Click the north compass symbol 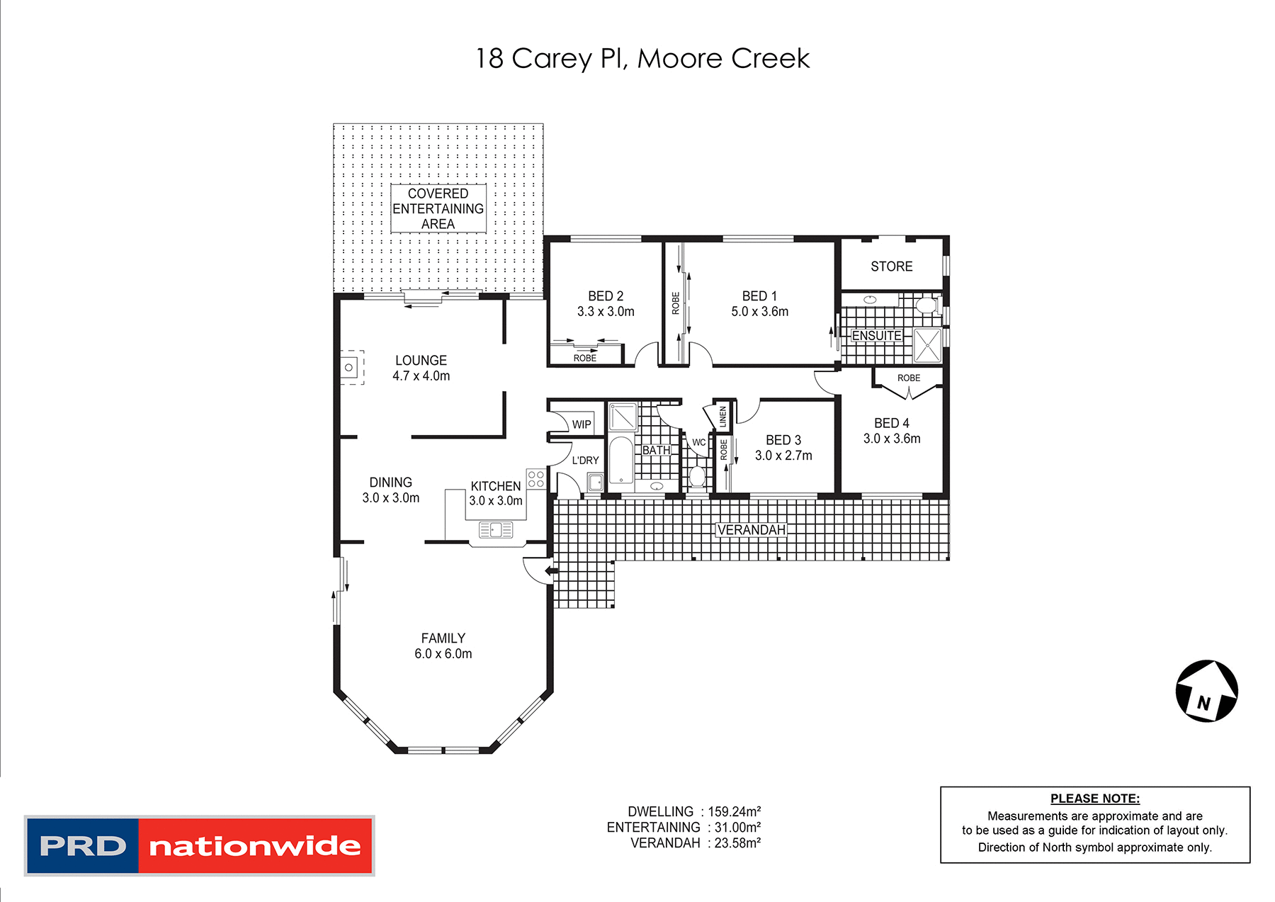1206,691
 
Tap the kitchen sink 496,529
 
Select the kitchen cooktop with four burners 535,479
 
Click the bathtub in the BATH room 621,460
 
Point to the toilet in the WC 697,476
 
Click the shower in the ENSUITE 926,346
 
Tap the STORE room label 891,266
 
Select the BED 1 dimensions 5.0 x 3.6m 759,312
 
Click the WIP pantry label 581,424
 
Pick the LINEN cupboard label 722,417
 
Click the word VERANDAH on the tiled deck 751,530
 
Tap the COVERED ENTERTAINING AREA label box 438,208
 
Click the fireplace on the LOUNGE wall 350,367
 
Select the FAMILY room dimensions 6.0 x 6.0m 443,654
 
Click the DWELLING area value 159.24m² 734,812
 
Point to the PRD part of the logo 83,846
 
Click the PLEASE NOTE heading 1094,799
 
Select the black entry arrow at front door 550,570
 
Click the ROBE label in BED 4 908,378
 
